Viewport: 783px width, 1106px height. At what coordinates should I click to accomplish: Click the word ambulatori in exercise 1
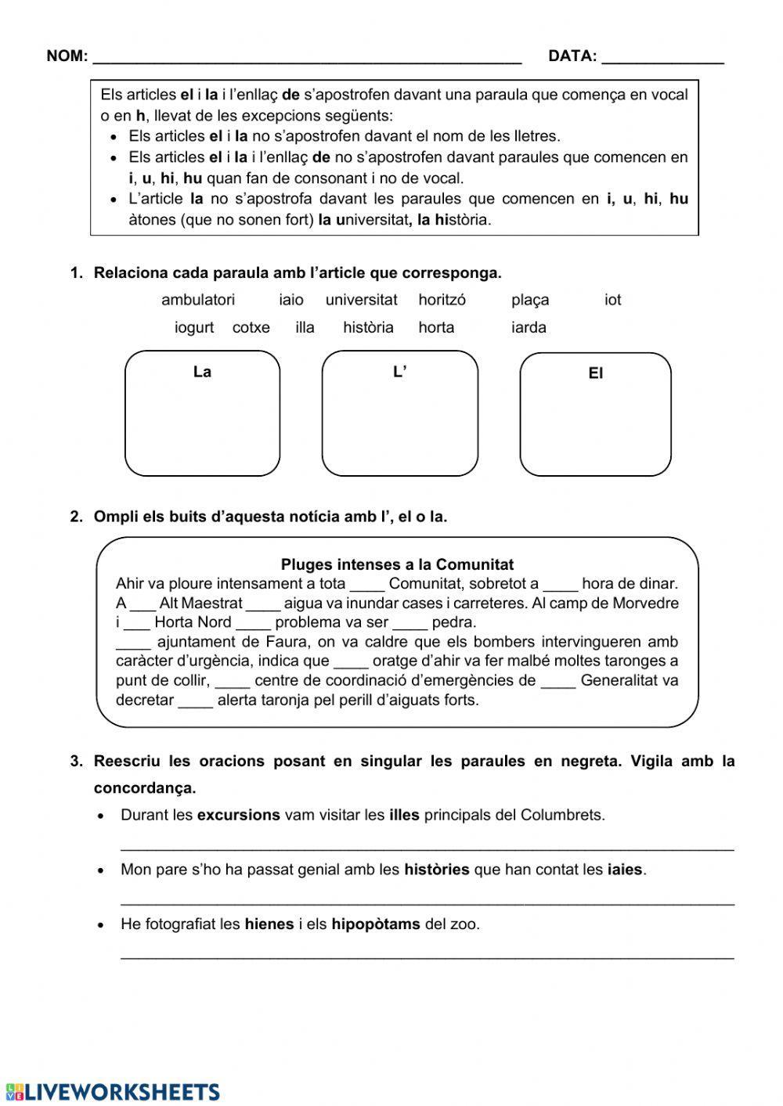coord(197,300)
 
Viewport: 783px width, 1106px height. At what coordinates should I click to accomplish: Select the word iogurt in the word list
coord(193,327)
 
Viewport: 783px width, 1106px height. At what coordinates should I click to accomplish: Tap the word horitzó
coord(442,300)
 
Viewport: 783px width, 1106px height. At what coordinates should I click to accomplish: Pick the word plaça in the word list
coord(530,300)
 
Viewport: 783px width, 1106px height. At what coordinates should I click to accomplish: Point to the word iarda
coord(529,327)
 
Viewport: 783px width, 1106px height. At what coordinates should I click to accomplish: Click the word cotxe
coord(251,327)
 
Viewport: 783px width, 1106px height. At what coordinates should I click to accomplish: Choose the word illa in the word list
coord(305,327)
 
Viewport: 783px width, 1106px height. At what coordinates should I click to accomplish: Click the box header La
coord(202,372)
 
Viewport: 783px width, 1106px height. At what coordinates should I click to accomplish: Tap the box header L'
coord(399,372)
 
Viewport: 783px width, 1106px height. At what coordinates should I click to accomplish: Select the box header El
coord(595,374)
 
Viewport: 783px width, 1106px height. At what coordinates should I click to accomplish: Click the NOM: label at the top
coord(67,56)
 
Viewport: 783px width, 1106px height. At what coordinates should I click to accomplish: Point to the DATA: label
coord(572,56)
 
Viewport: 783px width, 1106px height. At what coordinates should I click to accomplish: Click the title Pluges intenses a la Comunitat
coord(397,564)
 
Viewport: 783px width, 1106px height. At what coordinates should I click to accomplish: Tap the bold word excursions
coord(238,815)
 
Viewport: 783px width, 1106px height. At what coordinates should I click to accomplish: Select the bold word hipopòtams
coord(375,924)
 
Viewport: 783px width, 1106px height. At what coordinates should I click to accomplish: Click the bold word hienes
coord(269,924)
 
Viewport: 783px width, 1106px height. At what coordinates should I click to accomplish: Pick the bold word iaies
coord(625,869)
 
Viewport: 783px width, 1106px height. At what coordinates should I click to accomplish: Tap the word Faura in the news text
coord(275,642)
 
